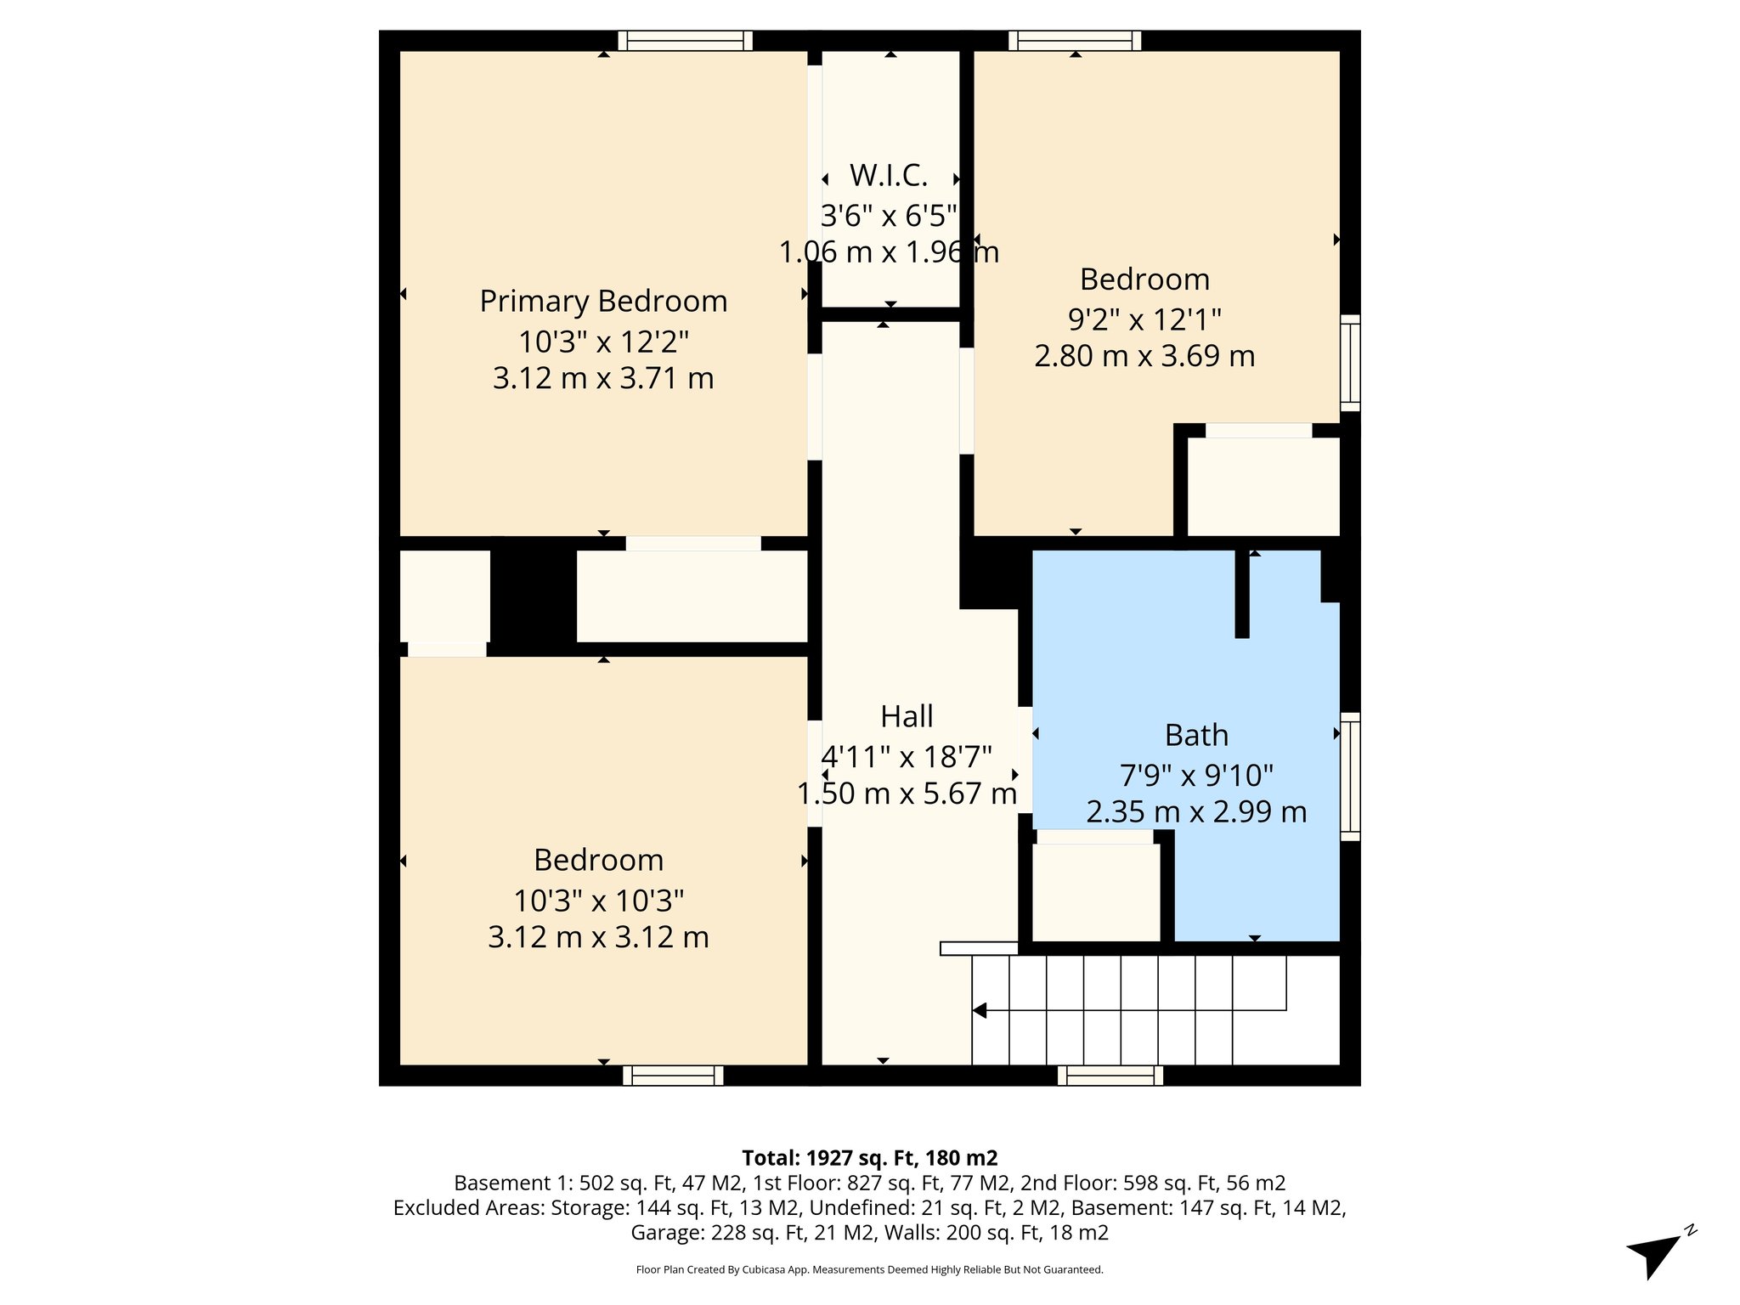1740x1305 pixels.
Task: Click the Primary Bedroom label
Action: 603,302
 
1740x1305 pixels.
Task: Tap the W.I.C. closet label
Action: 889,176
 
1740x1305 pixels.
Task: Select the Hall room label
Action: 907,717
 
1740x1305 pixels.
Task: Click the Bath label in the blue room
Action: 1196,735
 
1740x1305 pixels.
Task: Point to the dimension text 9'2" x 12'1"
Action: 1144,320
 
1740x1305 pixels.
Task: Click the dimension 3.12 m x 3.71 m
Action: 603,378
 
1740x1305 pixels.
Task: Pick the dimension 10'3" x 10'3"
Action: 598,901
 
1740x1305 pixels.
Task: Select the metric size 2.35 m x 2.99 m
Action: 1196,812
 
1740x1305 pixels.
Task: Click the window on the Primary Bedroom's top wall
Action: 685,41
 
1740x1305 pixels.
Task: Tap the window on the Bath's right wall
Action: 1350,777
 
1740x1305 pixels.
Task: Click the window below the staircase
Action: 1110,1076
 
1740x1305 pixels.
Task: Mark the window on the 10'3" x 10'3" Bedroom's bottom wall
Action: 673,1076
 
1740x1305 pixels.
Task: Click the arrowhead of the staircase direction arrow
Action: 980,1010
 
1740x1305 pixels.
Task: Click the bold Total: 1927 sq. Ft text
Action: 869,1158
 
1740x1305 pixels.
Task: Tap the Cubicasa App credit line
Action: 869,1270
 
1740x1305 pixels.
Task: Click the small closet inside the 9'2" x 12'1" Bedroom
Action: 1263,486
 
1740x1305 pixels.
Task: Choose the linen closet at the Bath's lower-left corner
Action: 1096,892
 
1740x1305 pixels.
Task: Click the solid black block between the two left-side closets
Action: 534,596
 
